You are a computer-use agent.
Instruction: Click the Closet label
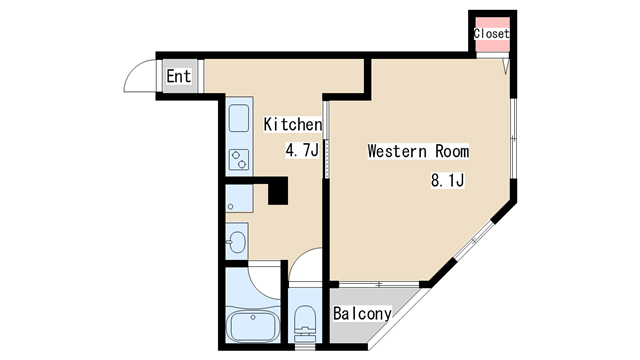(491, 34)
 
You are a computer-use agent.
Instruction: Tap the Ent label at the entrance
(178, 76)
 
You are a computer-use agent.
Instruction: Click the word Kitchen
(292, 125)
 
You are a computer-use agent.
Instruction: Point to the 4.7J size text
(301, 151)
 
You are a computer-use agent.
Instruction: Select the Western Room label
(418, 152)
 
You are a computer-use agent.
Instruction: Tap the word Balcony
(362, 313)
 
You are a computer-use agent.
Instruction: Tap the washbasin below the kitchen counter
(237, 240)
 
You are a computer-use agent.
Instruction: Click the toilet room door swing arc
(306, 268)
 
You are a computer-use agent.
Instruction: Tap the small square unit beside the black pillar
(238, 198)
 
